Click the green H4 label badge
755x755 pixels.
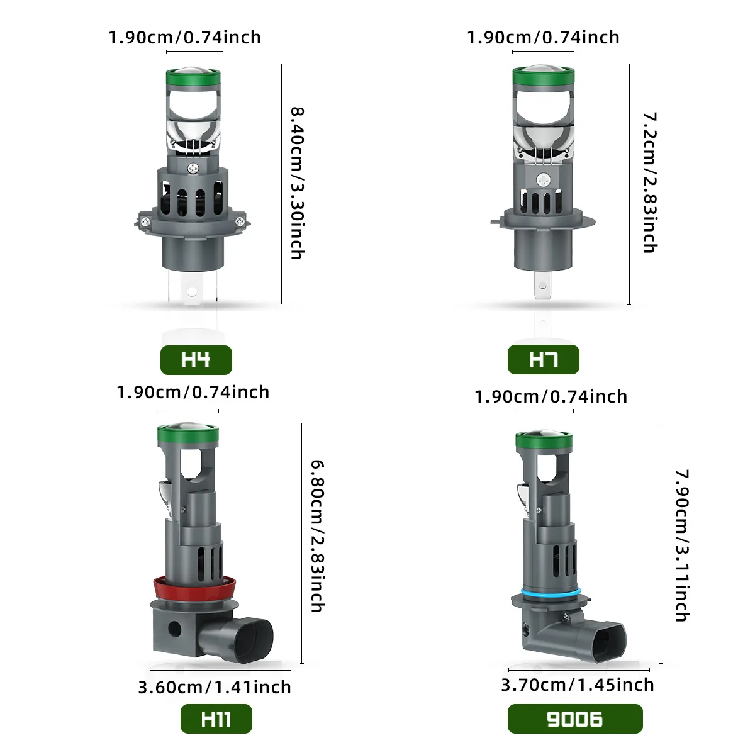(x=196, y=360)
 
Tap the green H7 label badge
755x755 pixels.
(x=543, y=359)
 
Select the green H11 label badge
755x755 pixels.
(x=216, y=719)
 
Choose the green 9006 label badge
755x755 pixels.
(x=575, y=719)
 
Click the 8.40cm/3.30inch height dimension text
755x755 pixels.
(x=298, y=183)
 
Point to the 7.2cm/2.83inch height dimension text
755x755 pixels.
(x=650, y=182)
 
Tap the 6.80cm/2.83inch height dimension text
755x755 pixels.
(x=317, y=536)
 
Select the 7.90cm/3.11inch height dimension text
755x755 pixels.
(x=682, y=545)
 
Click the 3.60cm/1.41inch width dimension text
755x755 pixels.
(x=215, y=687)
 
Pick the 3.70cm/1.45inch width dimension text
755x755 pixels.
(x=578, y=685)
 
